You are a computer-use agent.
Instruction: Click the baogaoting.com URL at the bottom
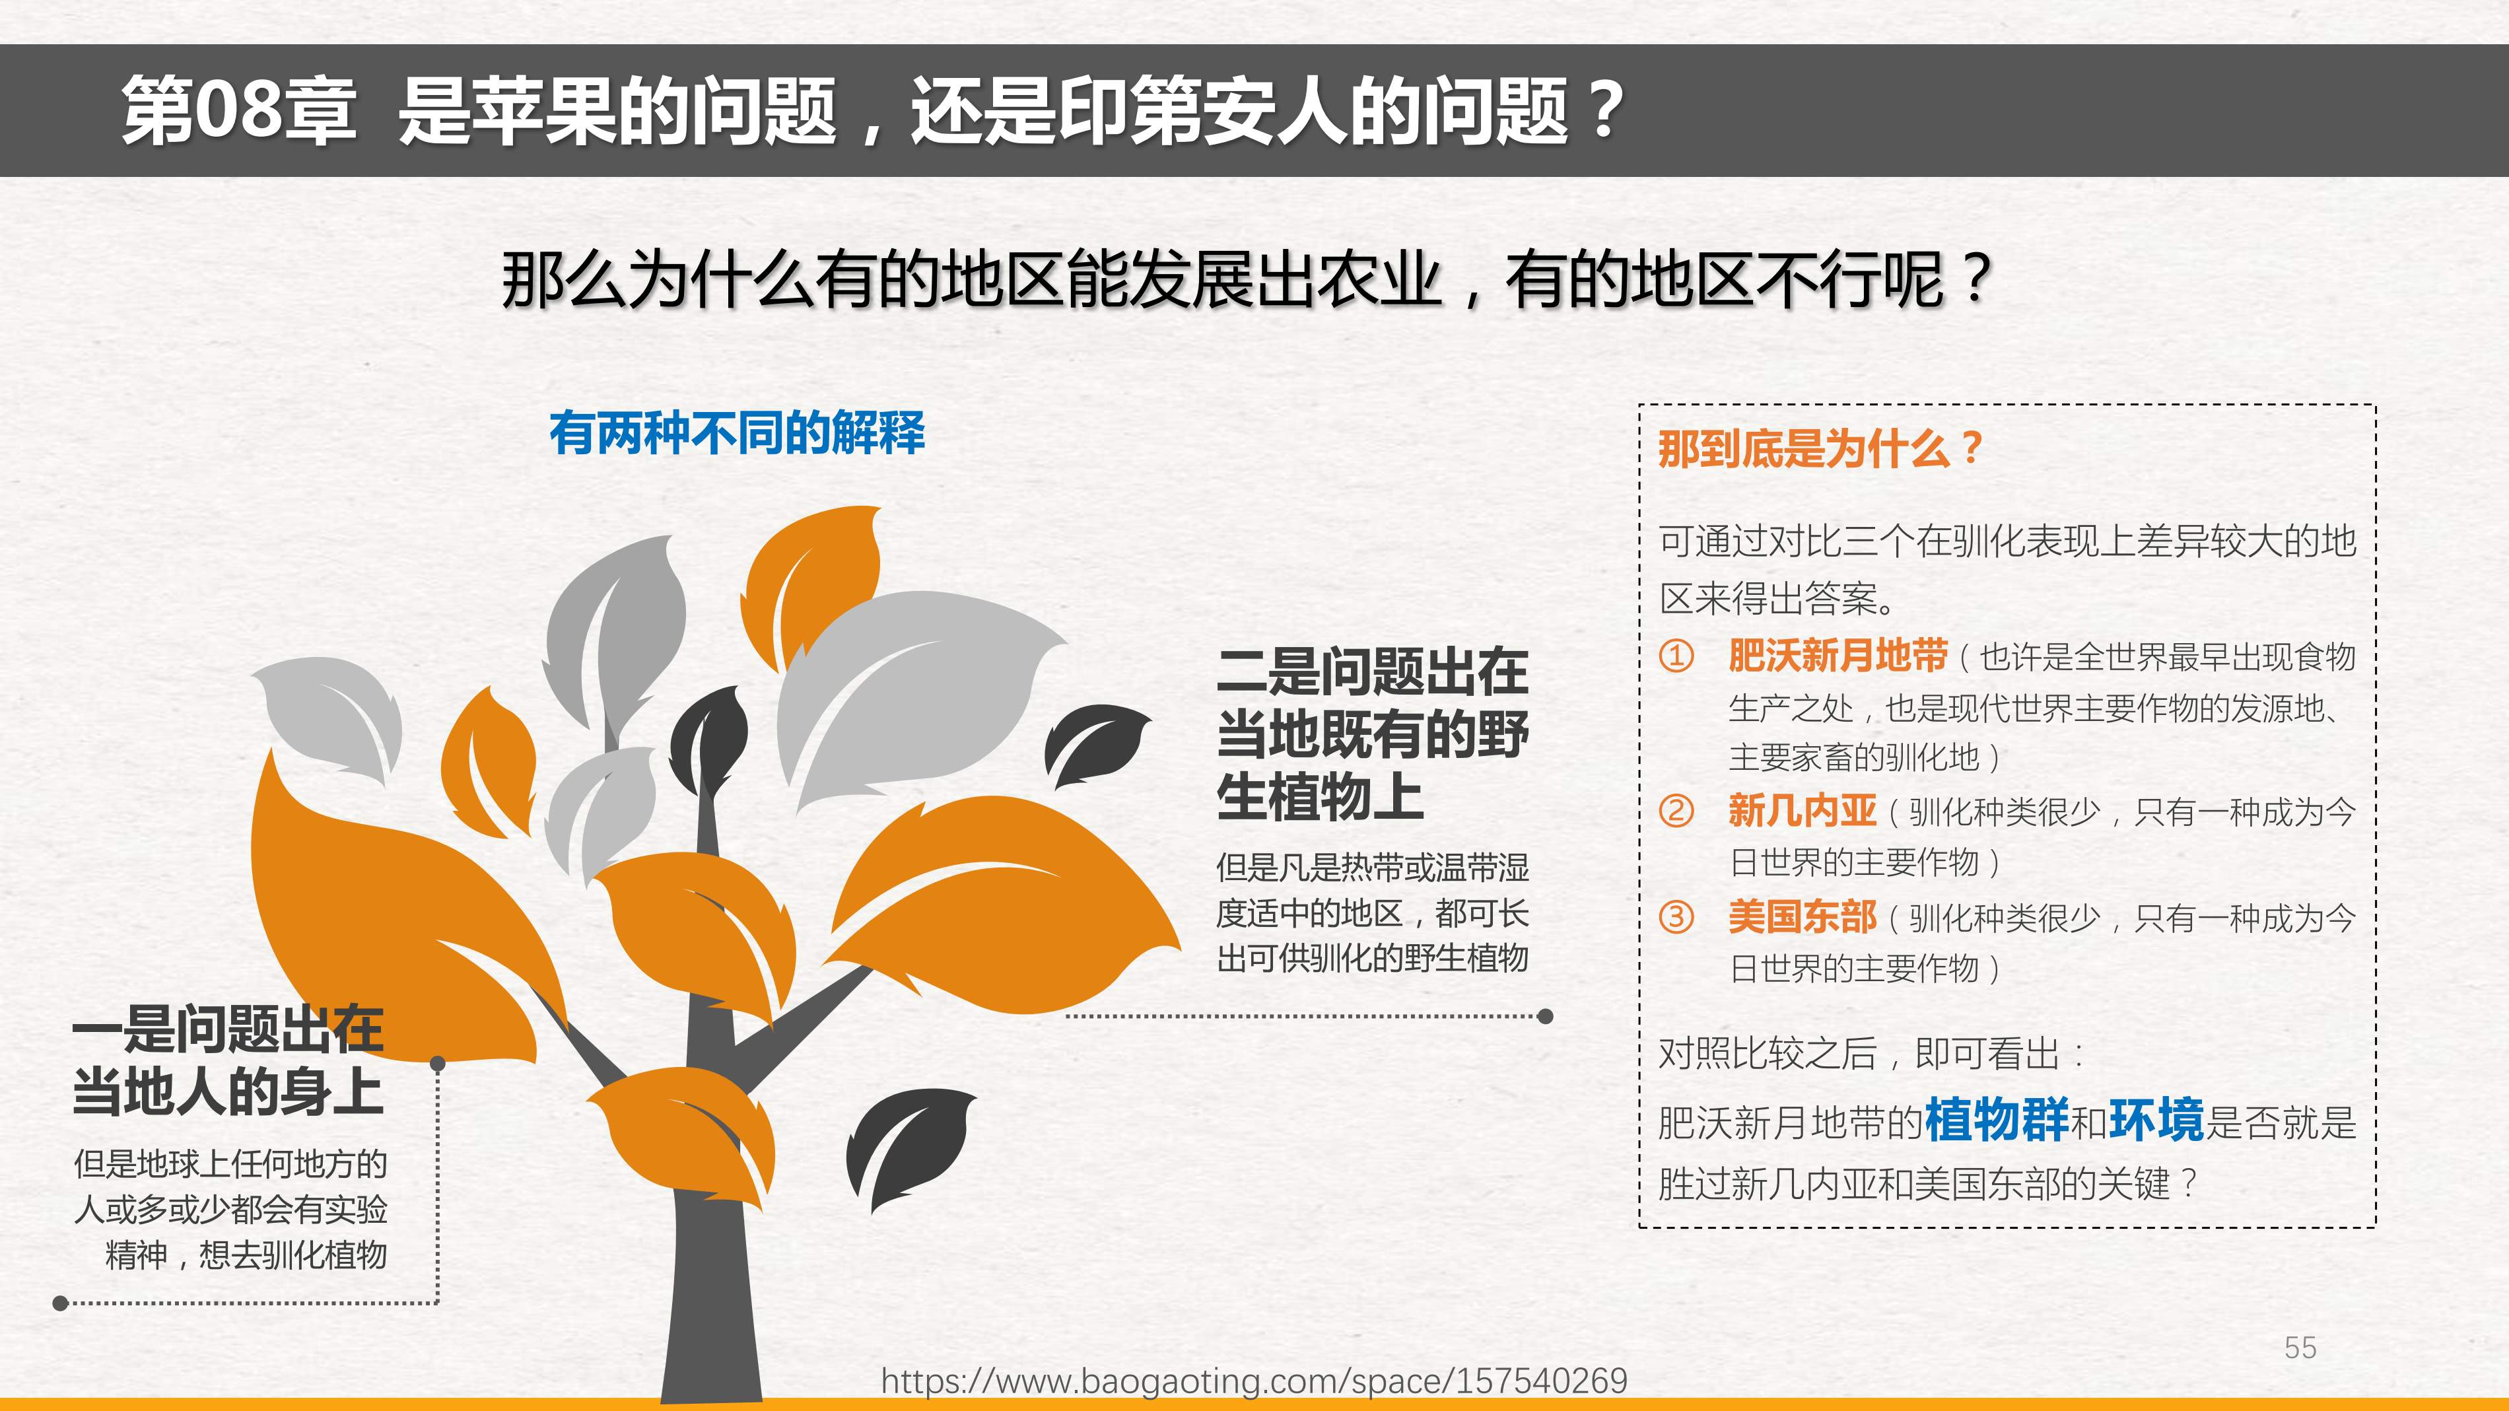(x=1254, y=1381)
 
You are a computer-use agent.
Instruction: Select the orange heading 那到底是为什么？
(x=1820, y=449)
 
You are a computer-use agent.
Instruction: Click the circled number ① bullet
(x=1676, y=656)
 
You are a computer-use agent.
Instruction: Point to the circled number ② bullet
(x=1676, y=810)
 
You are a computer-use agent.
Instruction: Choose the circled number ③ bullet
(x=1676, y=916)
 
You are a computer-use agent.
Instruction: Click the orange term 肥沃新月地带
(x=1838, y=656)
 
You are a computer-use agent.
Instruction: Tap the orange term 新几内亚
(x=1802, y=810)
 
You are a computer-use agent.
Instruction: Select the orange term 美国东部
(x=1802, y=916)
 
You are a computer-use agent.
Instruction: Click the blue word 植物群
(x=1997, y=1120)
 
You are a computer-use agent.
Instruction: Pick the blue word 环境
(x=2156, y=1120)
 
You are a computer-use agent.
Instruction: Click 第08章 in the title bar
(x=238, y=110)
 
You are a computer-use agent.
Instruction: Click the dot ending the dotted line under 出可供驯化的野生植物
(x=1545, y=1017)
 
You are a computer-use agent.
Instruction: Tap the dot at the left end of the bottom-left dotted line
(x=60, y=1303)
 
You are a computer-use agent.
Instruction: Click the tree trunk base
(x=711, y=1363)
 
